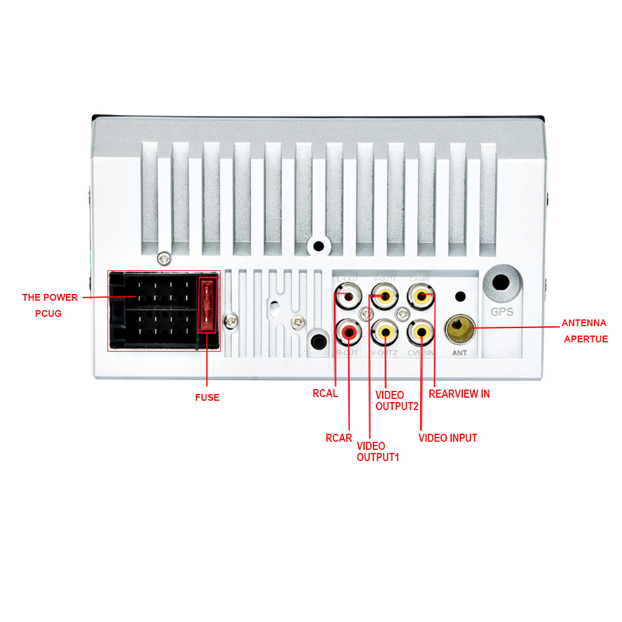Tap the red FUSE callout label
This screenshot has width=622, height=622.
tap(207, 398)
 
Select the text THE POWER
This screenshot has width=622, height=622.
tap(50, 297)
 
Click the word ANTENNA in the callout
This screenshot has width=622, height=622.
tap(583, 323)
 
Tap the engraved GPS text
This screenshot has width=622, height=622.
tap(502, 312)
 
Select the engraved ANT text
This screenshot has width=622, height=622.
tap(460, 353)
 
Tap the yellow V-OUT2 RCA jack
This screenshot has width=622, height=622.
tap(385, 332)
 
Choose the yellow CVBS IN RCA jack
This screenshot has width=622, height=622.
tap(422, 332)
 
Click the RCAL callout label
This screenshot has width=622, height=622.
tap(325, 393)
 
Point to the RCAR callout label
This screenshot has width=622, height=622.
tap(339, 437)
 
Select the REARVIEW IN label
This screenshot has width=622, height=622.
tap(459, 394)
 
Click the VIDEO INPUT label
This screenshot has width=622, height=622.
tap(447, 438)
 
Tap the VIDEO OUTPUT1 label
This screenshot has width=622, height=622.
tap(377, 452)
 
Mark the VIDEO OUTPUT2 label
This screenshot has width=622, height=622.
tap(396, 401)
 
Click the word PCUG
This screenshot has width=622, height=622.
tap(48, 314)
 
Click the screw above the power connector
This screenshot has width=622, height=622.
tap(165, 258)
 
